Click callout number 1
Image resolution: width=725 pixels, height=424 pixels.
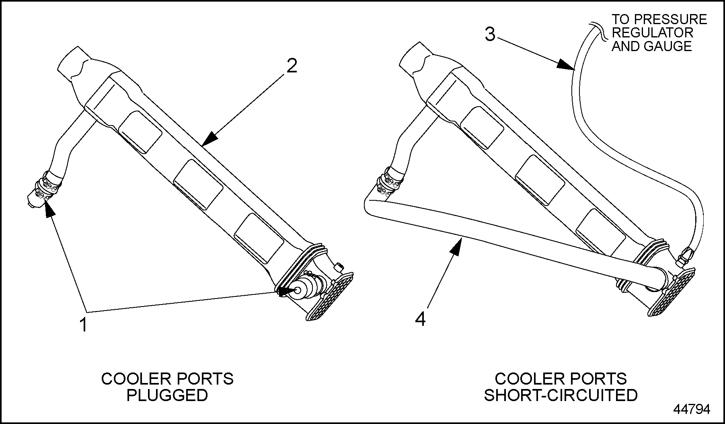(83, 325)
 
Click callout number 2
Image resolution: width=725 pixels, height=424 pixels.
(292, 66)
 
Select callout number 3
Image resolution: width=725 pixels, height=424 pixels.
(490, 35)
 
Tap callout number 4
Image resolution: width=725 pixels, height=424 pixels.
(420, 320)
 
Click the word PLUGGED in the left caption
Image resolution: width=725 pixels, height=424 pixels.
(167, 395)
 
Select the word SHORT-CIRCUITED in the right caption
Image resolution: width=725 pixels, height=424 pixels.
(561, 395)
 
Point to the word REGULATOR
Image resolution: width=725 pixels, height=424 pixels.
(652, 33)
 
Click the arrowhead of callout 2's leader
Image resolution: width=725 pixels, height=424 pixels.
(209, 140)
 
